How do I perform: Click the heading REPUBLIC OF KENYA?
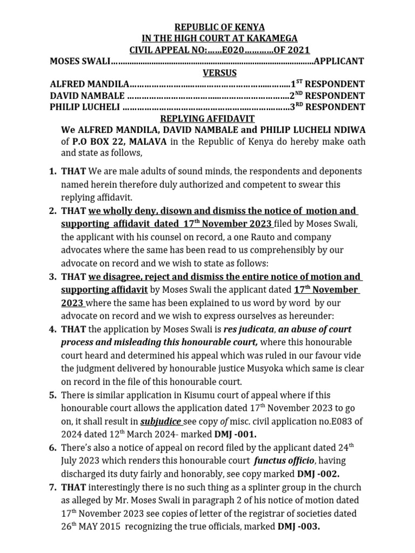point(207,27)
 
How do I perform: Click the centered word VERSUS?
point(207,73)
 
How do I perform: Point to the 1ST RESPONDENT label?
point(327,84)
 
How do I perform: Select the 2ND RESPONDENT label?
point(327,96)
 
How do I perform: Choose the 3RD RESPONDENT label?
point(327,107)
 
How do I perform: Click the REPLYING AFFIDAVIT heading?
point(207,119)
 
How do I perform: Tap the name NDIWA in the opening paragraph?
point(346,130)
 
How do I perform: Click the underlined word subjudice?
point(161,421)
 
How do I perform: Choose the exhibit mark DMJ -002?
point(319,474)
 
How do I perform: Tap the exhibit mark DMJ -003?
point(299,527)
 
